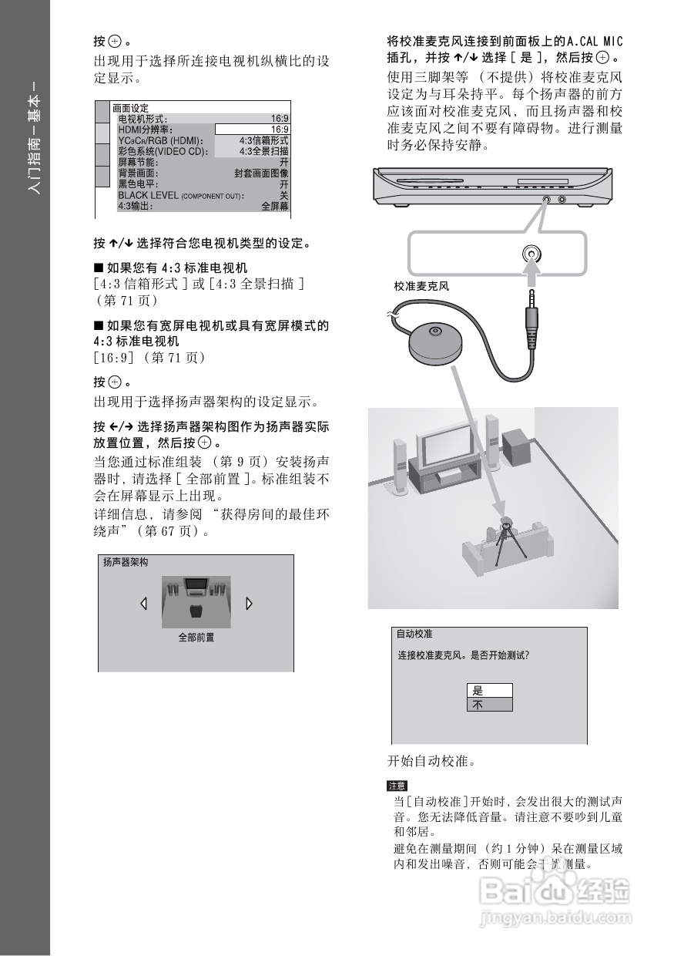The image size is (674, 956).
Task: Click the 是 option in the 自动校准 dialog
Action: (489, 691)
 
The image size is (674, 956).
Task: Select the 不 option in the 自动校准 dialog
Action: (489, 705)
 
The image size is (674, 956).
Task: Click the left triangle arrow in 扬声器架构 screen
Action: (143, 603)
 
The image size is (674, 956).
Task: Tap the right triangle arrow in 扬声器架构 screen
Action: (249, 603)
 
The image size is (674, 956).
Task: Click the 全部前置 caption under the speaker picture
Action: (196, 638)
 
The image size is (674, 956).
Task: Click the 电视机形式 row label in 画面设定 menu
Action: (143, 119)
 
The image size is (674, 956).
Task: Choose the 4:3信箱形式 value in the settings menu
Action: (263, 141)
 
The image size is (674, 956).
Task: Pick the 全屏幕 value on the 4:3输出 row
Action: (275, 207)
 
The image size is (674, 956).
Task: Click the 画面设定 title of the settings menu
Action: (130, 108)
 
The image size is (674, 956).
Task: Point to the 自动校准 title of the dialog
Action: (414, 635)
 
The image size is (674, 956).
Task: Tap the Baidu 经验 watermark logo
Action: (555, 894)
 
